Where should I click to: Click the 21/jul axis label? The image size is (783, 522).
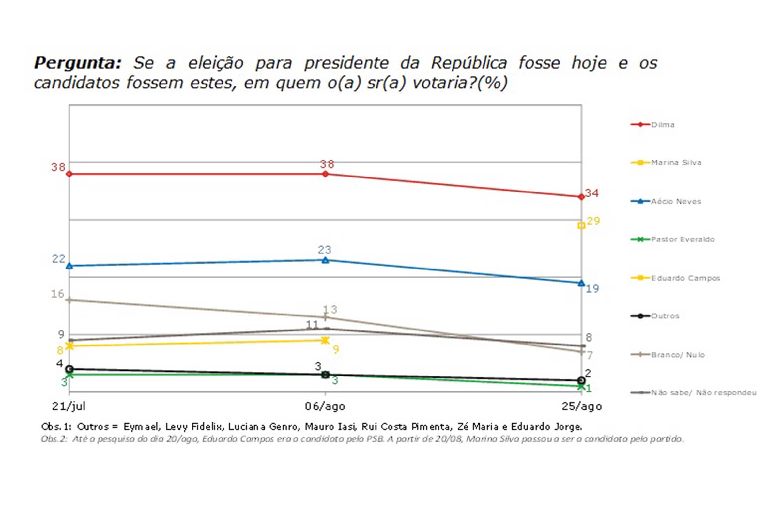coord(69,406)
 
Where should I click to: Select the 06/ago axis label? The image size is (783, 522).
coord(325,406)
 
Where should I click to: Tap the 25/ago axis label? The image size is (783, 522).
coord(582,406)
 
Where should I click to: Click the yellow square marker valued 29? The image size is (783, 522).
coord(581,226)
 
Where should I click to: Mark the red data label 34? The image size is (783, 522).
coord(592,193)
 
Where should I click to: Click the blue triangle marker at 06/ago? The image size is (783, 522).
coord(326,260)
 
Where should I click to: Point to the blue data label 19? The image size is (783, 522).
coord(592,288)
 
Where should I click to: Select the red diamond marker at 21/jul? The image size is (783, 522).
coord(69,174)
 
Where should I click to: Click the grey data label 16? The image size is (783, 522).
coord(57,294)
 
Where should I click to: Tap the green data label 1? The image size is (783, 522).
coord(589,388)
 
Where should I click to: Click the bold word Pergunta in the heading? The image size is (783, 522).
coord(77,63)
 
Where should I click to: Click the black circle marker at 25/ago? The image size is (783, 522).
coord(581,380)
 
